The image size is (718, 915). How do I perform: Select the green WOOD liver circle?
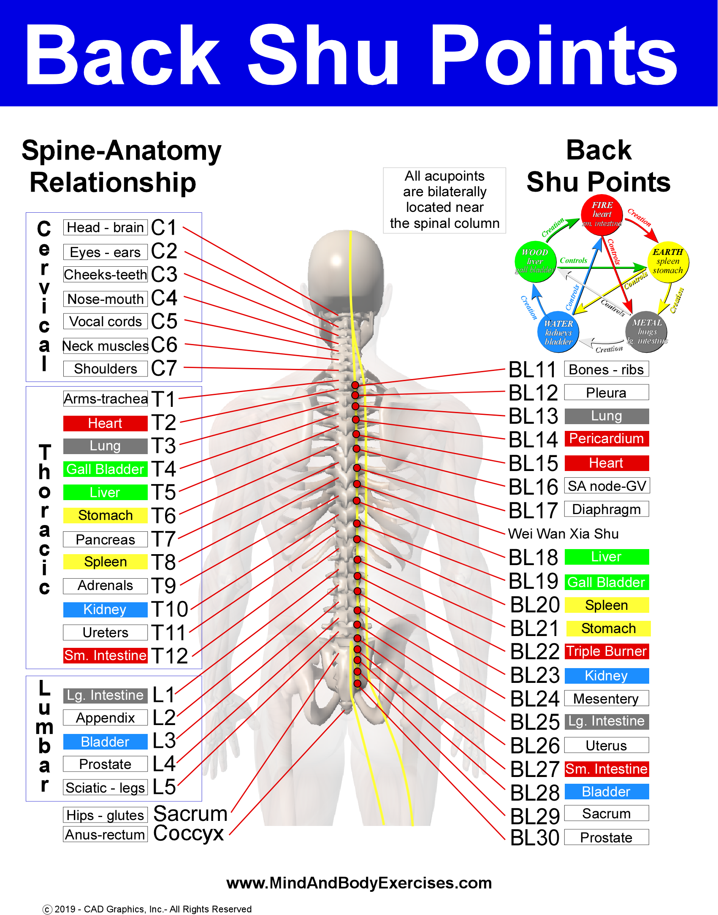coord(535,261)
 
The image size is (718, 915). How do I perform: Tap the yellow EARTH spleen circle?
coord(668,261)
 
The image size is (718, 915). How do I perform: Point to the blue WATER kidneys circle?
coord(558,333)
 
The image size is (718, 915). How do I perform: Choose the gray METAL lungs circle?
coord(647,332)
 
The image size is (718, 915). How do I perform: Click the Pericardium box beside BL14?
coord(606,439)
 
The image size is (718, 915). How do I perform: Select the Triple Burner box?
coord(606,651)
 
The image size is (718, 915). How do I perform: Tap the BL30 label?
coord(534,838)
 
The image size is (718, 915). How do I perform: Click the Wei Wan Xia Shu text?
coord(563,534)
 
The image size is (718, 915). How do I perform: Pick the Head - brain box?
coord(106,227)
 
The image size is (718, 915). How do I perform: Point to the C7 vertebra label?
coord(164,368)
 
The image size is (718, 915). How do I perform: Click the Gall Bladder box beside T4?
coord(106,469)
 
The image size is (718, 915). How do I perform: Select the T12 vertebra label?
coord(170,656)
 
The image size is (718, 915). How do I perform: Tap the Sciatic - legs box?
coord(106,788)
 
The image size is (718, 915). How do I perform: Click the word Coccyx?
coord(188,834)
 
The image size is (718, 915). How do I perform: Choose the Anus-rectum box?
coord(106,834)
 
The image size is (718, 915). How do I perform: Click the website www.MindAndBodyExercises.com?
coord(359,883)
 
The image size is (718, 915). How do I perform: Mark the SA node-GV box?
coord(607,486)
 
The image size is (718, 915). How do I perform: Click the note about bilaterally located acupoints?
coord(444,200)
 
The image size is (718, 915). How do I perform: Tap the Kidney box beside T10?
coord(106,609)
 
